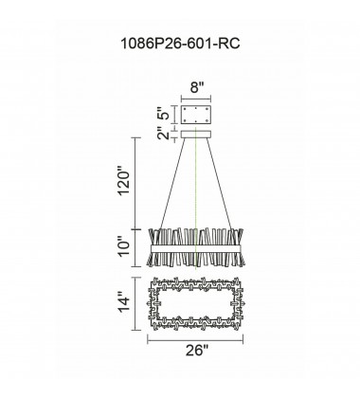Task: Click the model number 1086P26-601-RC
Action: pyautogui.click(x=180, y=44)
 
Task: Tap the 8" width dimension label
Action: pyautogui.click(x=197, y=87)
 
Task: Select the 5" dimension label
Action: pyautogui.click(x=164, y=116)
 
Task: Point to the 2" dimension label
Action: pyautogui.click(x=164, y=134)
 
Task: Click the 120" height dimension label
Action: pyautogui.click(x=124, y=184)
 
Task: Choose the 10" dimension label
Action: pyautogui.click(x=124, y=248)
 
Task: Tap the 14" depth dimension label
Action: pyautogui.click(x=124, y=304)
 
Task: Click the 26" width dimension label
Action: pyautogui.click(x=197, y=351)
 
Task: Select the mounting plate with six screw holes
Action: pyautogui.click(x=196, y=115)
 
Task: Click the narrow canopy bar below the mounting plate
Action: pyautogui.click(x=196, y=135)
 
